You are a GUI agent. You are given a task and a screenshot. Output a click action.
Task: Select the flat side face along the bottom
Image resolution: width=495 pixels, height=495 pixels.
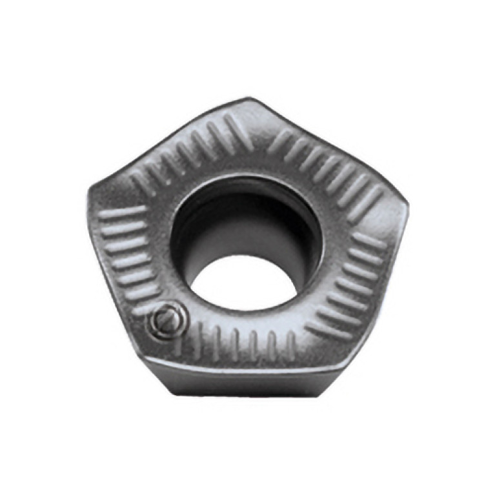[x=258, y=381]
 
